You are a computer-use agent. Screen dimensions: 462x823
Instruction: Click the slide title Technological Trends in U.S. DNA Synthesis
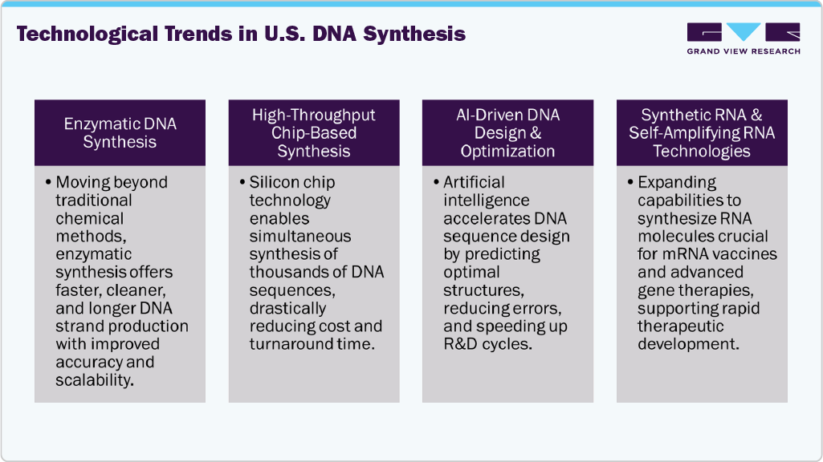(x=241, y=34)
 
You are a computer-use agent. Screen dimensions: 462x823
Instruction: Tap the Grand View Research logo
(x=743, y=38)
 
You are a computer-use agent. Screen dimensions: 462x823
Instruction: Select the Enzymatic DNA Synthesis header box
(x=120, y=133)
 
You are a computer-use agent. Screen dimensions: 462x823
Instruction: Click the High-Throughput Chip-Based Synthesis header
(x=314, y=133)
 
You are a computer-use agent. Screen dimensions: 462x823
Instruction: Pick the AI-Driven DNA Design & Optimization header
(x=507, y=133)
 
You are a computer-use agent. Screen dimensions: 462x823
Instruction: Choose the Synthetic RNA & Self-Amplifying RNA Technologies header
(x=702, y=133)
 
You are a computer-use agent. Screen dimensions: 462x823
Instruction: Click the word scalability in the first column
(x=92, y=380)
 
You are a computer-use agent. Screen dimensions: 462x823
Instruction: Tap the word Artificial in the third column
(x=474, y=183)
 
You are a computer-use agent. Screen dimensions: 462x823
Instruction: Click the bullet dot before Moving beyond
(x=47, y=183)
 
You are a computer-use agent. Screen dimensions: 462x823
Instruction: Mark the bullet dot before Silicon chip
(x=242, y=183)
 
